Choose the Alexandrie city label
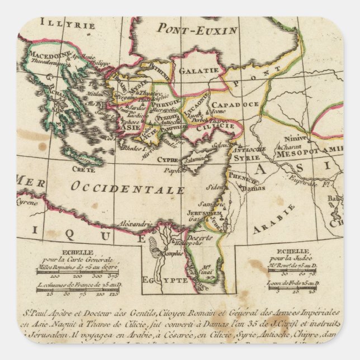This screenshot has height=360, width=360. [x=136, y=224]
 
